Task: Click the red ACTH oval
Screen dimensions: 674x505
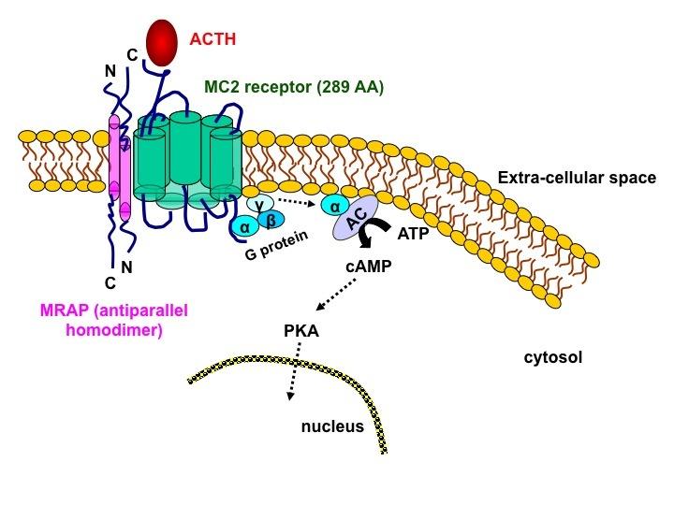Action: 162,42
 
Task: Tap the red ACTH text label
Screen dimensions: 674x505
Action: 212,39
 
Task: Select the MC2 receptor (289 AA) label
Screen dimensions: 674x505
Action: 294,87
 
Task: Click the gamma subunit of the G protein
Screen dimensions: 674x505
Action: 260,204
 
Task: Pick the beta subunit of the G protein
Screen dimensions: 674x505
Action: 271,221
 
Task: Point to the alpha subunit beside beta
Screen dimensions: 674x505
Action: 244,226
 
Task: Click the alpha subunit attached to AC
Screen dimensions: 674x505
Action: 335,207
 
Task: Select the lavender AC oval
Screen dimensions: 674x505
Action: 356,217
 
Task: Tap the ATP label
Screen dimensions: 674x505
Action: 413,234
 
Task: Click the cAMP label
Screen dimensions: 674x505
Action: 369,267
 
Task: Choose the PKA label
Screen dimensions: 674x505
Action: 301,331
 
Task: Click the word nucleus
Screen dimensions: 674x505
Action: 332,426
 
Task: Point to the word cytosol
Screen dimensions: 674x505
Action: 553,357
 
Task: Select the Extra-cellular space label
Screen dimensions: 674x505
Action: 577,178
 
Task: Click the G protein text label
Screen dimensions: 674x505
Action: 277,245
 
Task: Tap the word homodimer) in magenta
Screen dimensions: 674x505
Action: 114,330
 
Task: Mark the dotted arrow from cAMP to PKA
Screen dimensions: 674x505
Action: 337,295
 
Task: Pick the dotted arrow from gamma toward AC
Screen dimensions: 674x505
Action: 297,202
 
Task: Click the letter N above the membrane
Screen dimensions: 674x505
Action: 110,70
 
